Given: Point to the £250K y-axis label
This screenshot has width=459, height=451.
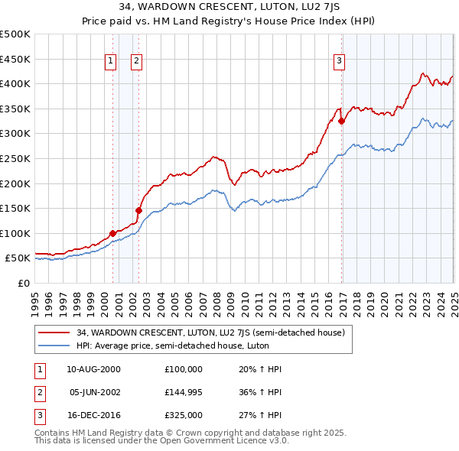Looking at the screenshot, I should tap(15, 158).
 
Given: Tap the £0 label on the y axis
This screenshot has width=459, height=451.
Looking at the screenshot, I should tap(24, 283).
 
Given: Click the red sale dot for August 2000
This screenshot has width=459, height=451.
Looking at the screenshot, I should tap(112, 233).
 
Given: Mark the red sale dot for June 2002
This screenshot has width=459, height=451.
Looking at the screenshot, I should tap(138, 210).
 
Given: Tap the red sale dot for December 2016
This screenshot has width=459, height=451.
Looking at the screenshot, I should tap(341, 121).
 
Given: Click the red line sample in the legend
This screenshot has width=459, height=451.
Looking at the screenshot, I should tap(54, 333).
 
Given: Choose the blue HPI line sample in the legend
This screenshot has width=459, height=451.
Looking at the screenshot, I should tap(54, 346).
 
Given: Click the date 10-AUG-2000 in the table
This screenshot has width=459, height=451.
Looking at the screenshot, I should tap(93, 369).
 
